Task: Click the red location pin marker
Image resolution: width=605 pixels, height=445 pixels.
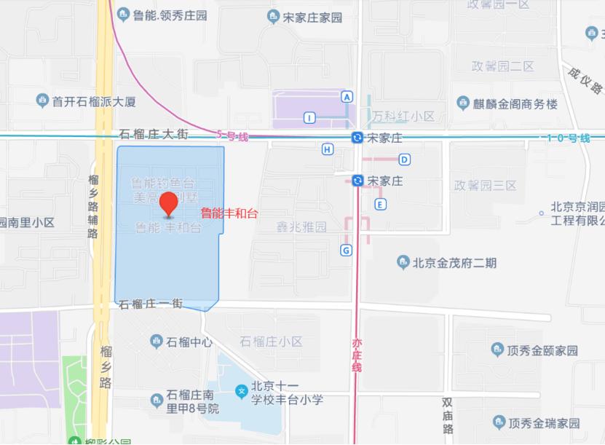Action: (x=170, y=204)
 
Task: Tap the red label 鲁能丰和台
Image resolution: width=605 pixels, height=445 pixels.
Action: (x=229, y=213)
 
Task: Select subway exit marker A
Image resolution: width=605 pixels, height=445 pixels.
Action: (x=347, y=97)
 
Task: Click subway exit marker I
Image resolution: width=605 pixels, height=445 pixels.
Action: (x=310, y=118)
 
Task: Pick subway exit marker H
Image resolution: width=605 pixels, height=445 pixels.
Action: (x=328, y=149)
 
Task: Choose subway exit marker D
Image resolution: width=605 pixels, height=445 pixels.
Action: (x=404, y=160)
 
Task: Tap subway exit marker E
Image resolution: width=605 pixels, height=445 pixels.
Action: (x=380, y=204)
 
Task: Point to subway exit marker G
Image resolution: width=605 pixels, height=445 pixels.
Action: (x=346, y=251)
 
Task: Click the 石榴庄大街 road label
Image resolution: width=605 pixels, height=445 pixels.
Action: (x=154, y=134)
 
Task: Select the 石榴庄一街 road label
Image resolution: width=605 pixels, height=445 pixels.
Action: (x=151, y=304)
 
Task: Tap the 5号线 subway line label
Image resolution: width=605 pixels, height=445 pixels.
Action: (x=232, y=135)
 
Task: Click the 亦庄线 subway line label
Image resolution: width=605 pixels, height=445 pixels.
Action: (x=357, y=355)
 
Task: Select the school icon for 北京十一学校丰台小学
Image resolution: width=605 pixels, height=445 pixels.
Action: (x=241, y=392)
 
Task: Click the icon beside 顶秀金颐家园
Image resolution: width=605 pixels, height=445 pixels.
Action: (x=498, y=350)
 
